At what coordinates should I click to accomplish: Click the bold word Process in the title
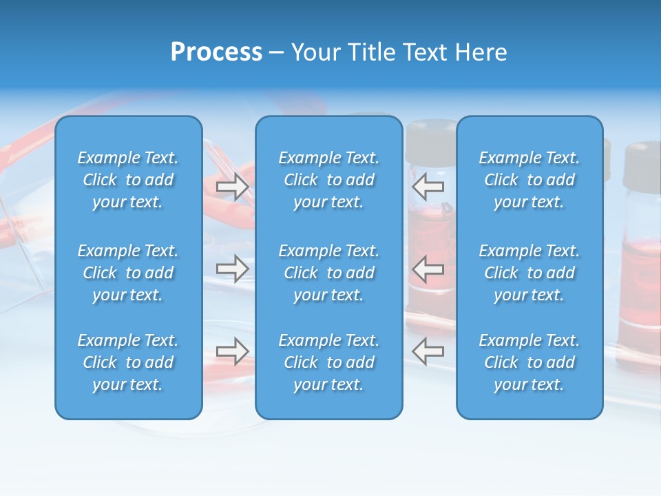(x=216, y=52)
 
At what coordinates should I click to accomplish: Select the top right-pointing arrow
(x=232, y=187)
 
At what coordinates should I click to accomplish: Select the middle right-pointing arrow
(x=232, y=269)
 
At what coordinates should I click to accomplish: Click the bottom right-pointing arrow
(x=232, y=351)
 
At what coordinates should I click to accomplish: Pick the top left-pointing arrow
(x=428, y=186)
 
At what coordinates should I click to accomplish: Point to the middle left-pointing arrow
(x=428, y=269)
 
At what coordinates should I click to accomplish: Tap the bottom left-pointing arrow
(x=428, y=351)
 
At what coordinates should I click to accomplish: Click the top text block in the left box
(x=128, y=180)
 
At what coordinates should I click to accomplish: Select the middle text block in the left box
(x=128, y=273)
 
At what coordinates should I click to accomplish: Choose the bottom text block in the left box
(x=128, y=362)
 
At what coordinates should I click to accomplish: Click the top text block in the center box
(x=328, y=180)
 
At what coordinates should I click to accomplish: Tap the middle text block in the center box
(x=328, y=273)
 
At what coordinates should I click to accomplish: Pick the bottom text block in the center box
(x=328, y=362)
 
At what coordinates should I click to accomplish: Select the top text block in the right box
(x=529, y=180)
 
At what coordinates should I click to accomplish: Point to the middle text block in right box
(x=529, y=273)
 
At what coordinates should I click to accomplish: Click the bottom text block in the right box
(x=529, y=362)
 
